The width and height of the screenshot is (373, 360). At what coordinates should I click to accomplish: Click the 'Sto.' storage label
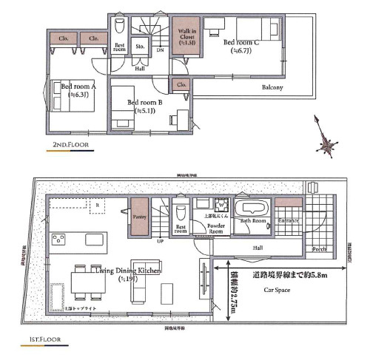coord(140,46)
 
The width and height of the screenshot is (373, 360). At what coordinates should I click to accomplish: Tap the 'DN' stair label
coord(160,52)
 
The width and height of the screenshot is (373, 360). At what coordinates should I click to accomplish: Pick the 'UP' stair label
coord(159,240)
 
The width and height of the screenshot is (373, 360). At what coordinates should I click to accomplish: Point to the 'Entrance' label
coord(289,220)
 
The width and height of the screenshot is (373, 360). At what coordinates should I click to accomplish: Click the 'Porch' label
coord(320,249)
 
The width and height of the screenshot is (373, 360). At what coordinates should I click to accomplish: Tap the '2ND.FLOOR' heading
coord(70,146)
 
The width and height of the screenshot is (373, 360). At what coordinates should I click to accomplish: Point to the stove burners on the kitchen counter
coord(58,238)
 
